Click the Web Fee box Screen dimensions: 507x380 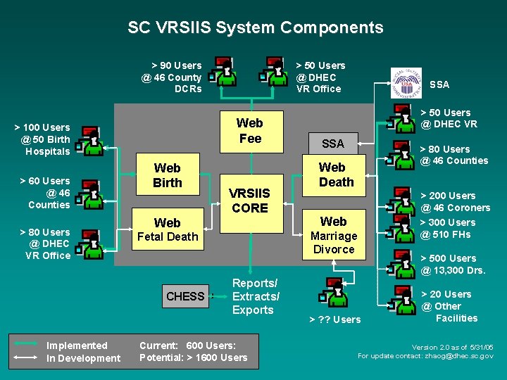[251, 132]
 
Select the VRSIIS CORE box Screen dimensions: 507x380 [251, 203]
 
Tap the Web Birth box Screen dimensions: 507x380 [168, 175]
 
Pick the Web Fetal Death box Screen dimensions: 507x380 [168, 229]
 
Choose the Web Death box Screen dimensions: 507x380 [334, 175]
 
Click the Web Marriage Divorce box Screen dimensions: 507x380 [334, 234]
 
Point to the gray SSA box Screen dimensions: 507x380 [333, 144]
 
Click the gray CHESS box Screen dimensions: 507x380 [186, 296]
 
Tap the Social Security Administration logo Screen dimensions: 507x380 [406, 83]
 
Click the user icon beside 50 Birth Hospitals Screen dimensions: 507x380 [89, 141]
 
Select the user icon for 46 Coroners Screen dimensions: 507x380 [401, 201]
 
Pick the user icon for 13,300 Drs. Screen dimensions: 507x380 [401, 264]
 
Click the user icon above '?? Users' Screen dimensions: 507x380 [333, 292]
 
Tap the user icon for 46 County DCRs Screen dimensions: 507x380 [223, 71]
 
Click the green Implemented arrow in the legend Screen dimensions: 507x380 [26, 344]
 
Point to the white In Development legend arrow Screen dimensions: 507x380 [25, 357]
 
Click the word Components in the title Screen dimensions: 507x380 [332, 28]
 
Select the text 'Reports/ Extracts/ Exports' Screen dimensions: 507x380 [256, 297]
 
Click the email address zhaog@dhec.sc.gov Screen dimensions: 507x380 [459, 356]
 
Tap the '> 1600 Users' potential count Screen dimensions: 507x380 [217, 357]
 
